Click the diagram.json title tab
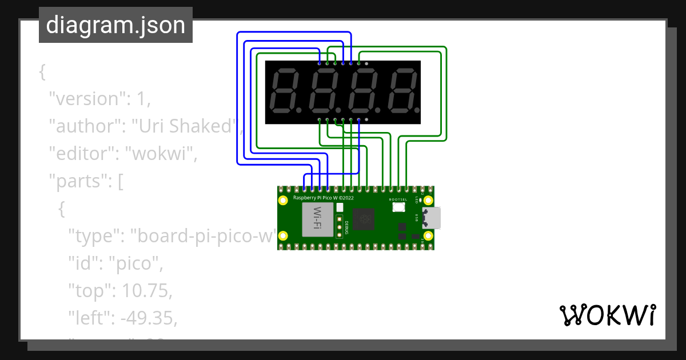(115, 26)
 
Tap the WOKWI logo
(607, 315)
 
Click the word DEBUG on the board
(346, 226)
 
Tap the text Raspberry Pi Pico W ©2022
(324, 197)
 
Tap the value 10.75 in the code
(143, 291)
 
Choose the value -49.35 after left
(147, 318)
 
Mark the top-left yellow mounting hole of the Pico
(283, 201)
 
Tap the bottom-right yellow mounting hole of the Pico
(428, 236)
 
